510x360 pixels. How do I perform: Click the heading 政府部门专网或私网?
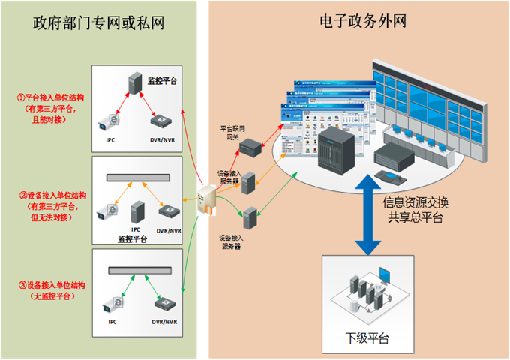(x=98, y=22)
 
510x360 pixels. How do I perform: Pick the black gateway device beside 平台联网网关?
(x=249, y=148)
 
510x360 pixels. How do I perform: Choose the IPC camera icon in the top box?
(x=110, y=120)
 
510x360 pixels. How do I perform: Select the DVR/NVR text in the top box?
(x=162, y=139)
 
